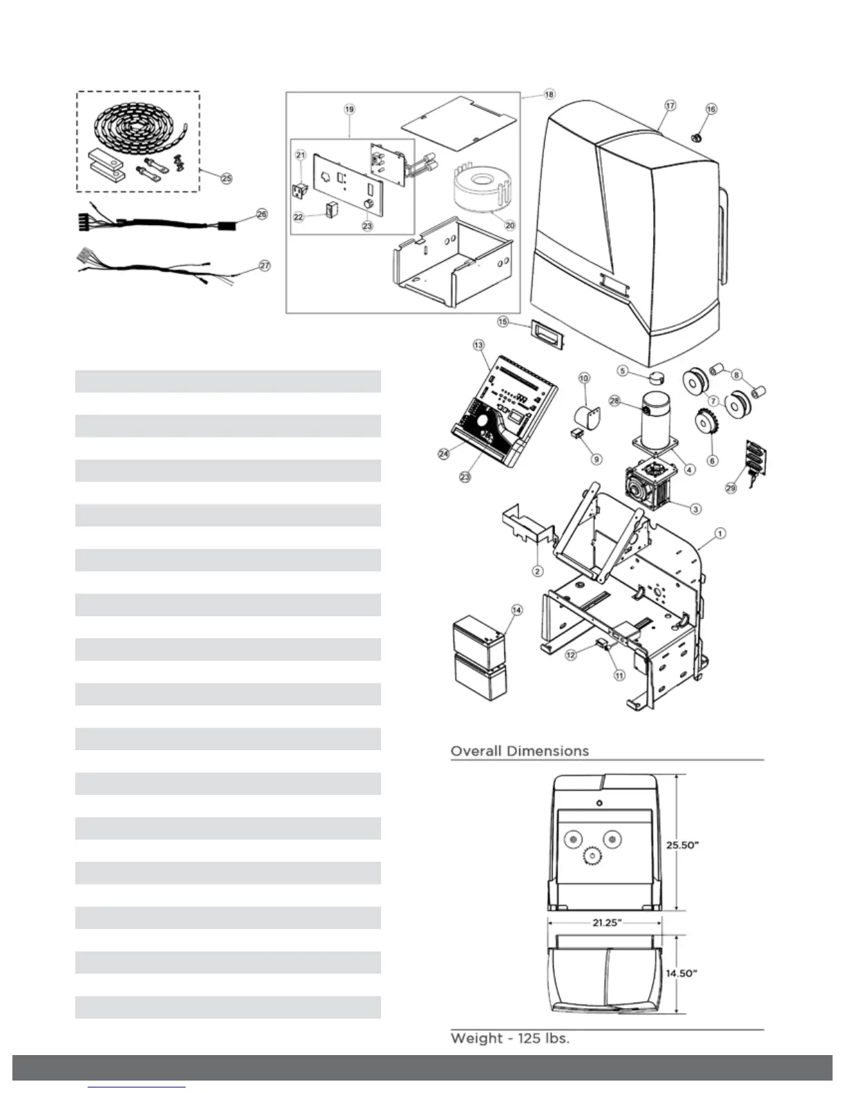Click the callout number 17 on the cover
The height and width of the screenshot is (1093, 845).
point(670,106)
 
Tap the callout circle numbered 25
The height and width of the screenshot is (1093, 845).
point(226,178)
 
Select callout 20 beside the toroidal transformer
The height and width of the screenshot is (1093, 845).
point(510,225)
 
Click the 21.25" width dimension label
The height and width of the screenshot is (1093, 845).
point(606,923)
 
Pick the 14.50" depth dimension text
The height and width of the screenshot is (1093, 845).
point(681,974)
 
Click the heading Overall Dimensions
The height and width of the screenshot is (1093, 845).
point(519,751)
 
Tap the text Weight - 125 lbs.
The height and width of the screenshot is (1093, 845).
point(509,1038)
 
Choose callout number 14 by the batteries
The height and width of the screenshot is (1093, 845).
point(516,609)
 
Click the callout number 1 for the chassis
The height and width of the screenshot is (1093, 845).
point(719,533)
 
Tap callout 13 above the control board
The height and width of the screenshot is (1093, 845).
point(478,344)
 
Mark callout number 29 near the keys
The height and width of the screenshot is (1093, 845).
point(730,488)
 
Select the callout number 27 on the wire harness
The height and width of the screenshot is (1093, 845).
point(264,266)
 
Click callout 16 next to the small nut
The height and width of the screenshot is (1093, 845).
point(711,109)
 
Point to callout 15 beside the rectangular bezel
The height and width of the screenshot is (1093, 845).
point(503,322)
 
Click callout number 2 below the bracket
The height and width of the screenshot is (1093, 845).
point(537,571)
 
